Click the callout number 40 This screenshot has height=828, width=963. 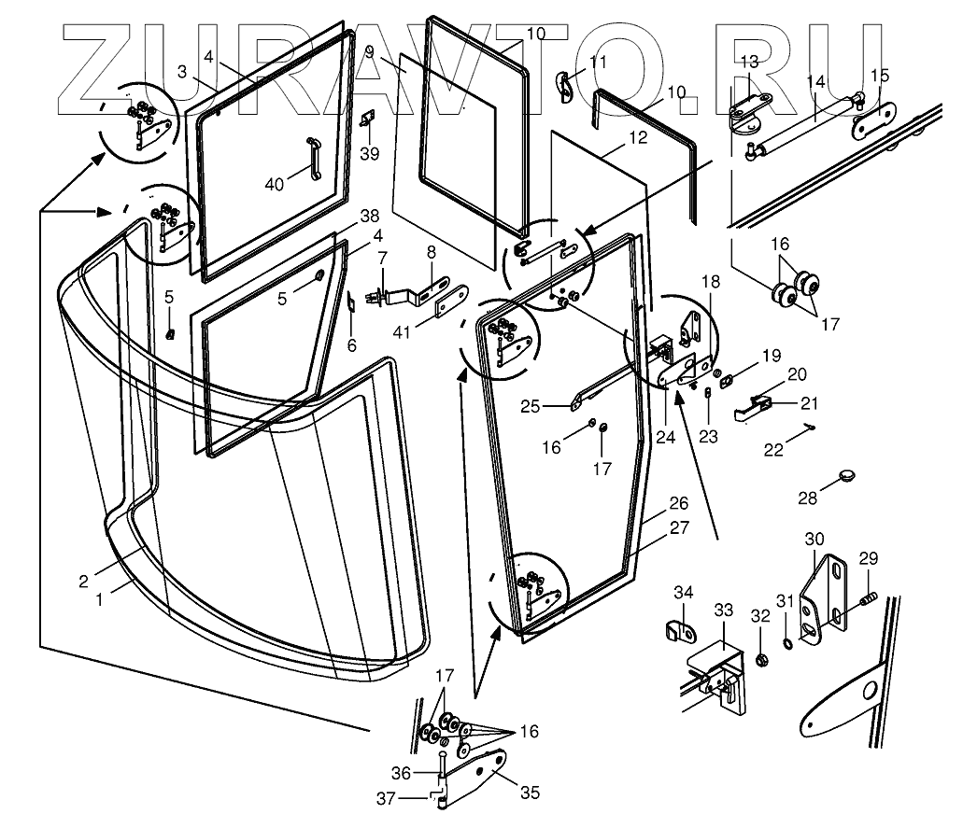click(275, 184)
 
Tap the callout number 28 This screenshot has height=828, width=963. click(808, 498)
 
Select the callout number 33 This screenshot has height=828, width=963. click(724, 610)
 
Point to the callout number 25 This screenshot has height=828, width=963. click(530, 406)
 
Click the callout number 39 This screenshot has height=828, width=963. click(369, 153)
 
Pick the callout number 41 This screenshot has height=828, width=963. click(402, 332)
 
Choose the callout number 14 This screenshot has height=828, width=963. click(815, 81)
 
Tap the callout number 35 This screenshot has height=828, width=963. click(530, 793)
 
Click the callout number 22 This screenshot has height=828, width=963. click(773, 450)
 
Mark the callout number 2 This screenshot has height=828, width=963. click(83, 582)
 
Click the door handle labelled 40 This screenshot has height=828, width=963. click(315, 159)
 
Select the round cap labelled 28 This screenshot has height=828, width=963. click(847, 475)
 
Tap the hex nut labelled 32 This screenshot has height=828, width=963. click(762, 661)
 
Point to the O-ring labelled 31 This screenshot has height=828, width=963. click(787, 643)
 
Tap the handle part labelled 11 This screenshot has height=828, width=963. click(566, 88)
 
